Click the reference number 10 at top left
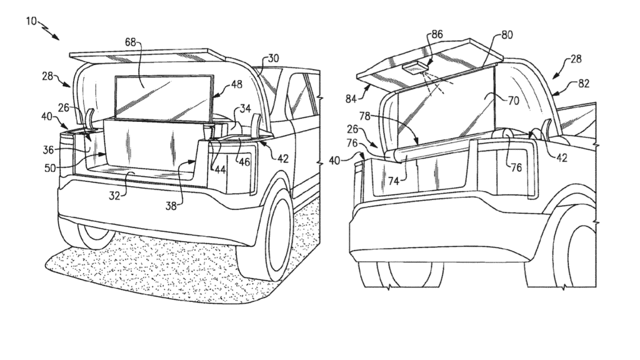point(31,21)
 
